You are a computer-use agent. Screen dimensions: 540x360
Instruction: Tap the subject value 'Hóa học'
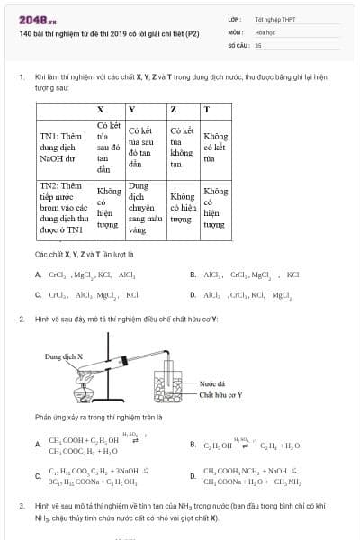click(x=265, y=31)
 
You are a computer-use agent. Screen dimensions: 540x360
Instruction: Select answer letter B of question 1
click(x=193, y=274)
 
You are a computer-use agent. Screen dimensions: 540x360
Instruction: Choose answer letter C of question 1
click(x=38, y=294)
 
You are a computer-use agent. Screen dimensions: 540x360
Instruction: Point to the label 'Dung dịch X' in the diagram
click(x=64, y=356)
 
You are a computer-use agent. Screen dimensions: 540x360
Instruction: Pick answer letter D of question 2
click(x=193, y=476)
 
